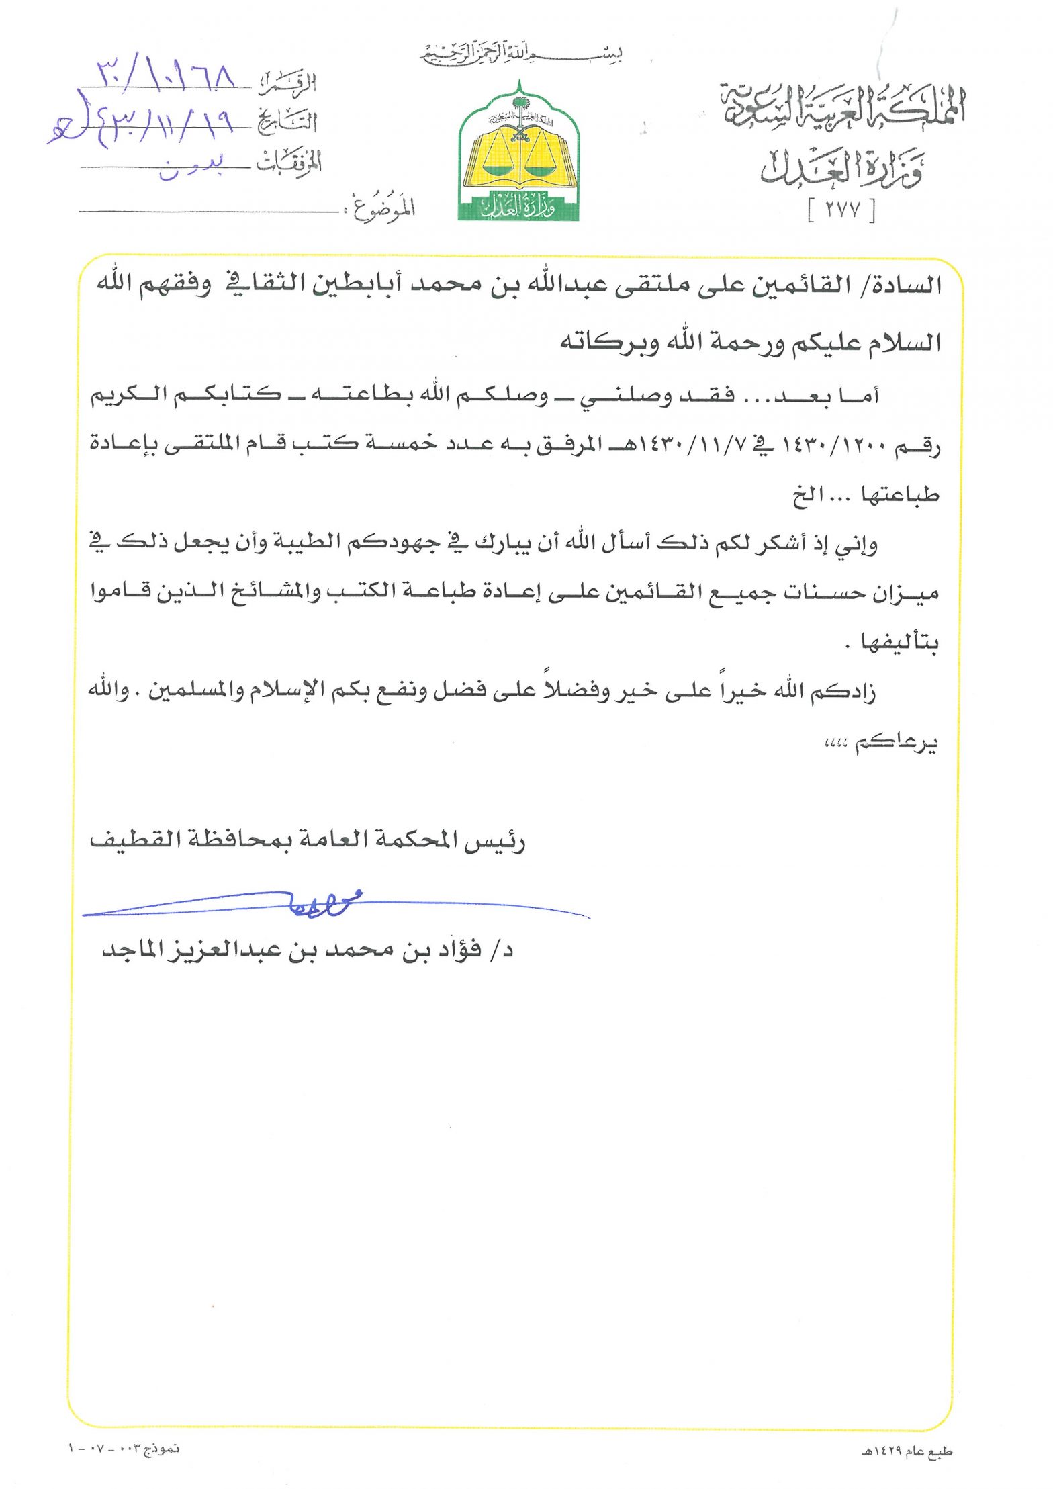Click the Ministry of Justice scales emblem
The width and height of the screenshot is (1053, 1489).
[x=518, y=154]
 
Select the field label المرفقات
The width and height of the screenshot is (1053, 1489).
[x=289, y=162]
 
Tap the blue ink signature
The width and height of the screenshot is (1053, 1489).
[x=322, y=906]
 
